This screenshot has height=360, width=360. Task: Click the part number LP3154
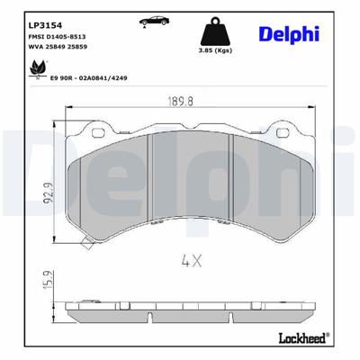pos(45,22)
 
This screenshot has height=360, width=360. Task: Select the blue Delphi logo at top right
pos(290,32)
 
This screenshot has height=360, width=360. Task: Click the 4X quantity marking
pos(191,263)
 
